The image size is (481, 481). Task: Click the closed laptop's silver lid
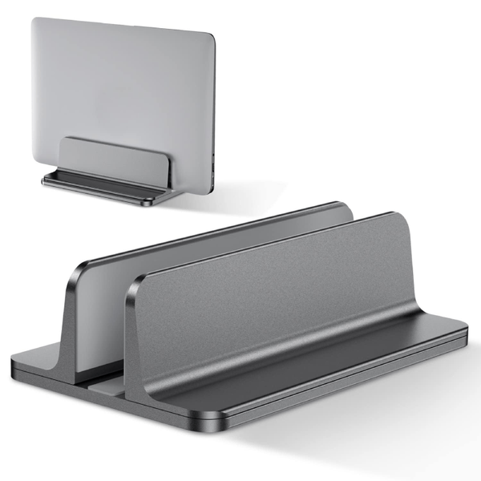tap(120, 80)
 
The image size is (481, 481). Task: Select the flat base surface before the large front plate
tap(321, 369)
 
